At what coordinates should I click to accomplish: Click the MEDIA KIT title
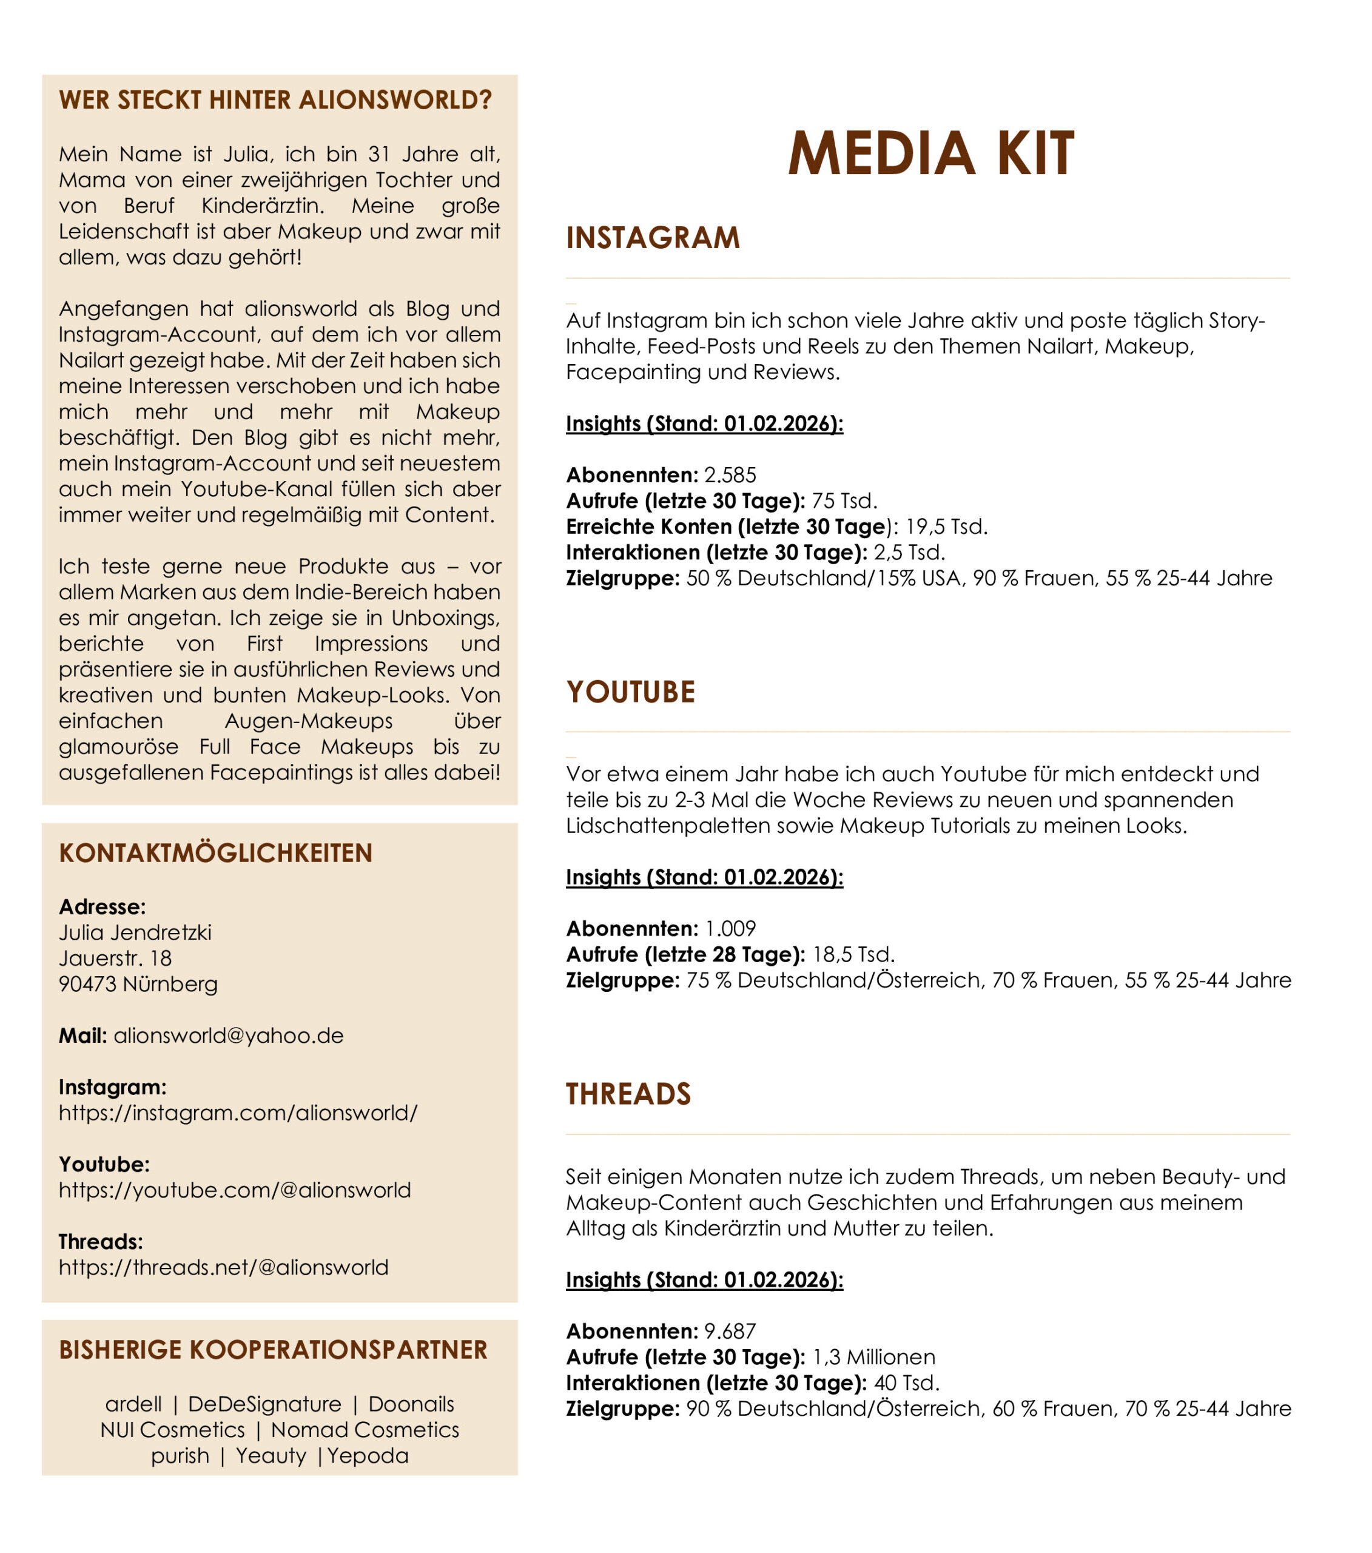coord(930,154)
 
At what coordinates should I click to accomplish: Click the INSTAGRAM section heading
coord(653,238)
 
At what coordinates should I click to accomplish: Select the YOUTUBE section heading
coord(631,692)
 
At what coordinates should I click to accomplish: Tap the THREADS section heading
coord(628,1094)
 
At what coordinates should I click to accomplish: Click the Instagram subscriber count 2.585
coord(730,476)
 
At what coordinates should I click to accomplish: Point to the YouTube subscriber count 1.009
coord(730,929)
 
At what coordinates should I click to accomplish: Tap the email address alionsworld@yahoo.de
coord(229,1036)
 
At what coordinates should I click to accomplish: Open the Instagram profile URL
coord(238,1113)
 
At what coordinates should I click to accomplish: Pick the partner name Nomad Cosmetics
coord(365,1430)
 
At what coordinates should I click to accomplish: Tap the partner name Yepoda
coord(368,1456)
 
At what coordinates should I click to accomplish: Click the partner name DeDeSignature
coord(264,1404)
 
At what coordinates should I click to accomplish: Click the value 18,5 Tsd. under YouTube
coord(853,955)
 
